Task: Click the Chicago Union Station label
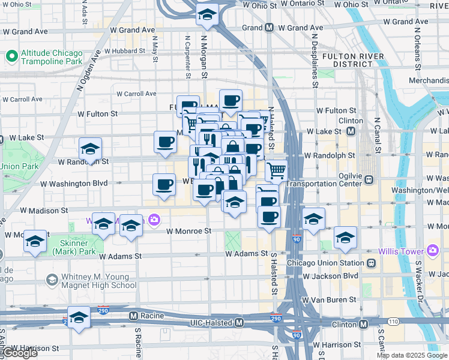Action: tap(326, 263)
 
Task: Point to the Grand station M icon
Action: tap(270, 28)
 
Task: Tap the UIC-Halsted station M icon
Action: tap(240, 323)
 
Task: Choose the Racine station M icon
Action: tap(133, 315)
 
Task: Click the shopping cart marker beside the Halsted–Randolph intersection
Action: tap(276, 170)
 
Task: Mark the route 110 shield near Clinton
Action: tap(393, 322)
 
